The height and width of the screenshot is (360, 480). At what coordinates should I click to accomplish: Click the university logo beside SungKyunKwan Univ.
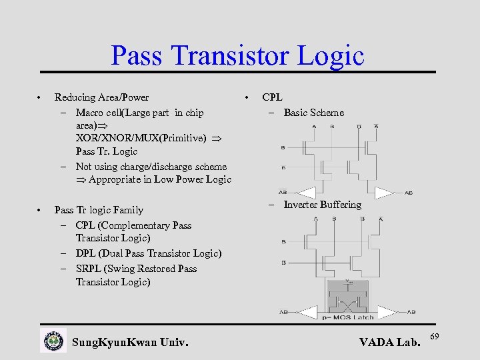tap(53, 341)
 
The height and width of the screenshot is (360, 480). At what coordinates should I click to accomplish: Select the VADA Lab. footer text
tap(390, 343)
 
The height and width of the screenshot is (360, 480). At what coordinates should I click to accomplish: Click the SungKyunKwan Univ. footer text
tap(130, 343)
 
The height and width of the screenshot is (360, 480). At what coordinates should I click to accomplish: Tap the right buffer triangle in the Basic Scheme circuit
tap(384, 192)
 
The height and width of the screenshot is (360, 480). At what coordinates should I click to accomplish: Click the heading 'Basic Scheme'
tap(314, 113)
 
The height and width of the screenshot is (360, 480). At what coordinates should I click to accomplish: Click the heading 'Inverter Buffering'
tap(323, 205)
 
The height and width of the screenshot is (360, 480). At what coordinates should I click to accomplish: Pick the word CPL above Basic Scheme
tap(272, 97)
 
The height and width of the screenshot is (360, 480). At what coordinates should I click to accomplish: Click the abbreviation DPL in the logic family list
tap(85, 253)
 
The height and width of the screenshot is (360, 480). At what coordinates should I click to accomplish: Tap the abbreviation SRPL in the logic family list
tap(89, 269)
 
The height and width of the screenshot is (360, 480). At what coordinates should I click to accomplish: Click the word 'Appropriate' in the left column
tap(117, 179)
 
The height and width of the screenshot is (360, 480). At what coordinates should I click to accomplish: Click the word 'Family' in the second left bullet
tap(127, 210)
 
